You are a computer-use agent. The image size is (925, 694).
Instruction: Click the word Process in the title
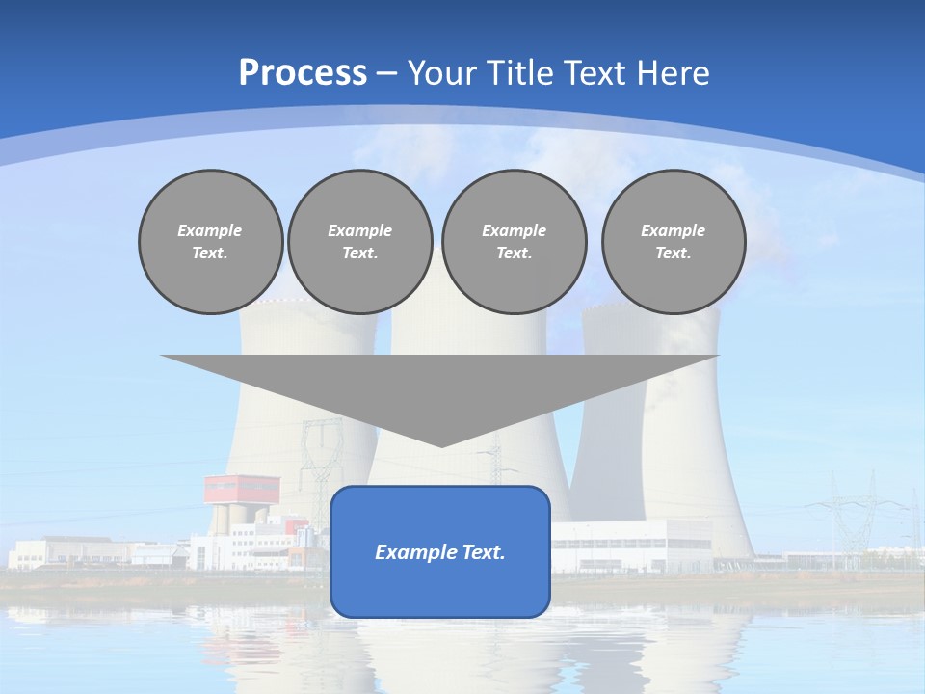(x=303, y=73)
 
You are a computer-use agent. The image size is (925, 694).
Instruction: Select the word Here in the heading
(x=672, y=73)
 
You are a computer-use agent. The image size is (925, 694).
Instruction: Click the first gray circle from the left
(x=210, y=242)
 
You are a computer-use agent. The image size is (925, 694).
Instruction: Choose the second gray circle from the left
(x=359, y=242)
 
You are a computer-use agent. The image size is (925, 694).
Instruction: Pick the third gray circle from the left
(x=514, y=242)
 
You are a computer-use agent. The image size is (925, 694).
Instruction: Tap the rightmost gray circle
(x=673, y=242)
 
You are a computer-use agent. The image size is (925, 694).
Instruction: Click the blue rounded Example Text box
(x=440, y=551)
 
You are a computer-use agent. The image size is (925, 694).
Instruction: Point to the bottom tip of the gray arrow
(x=440, y=445)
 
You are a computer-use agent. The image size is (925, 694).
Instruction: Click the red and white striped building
(x=241, y=489)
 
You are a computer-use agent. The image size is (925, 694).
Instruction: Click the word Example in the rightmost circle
(x=673, y=230)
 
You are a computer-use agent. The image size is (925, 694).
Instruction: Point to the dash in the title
(x=386, y=74)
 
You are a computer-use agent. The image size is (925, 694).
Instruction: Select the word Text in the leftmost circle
(x=210, y=254)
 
